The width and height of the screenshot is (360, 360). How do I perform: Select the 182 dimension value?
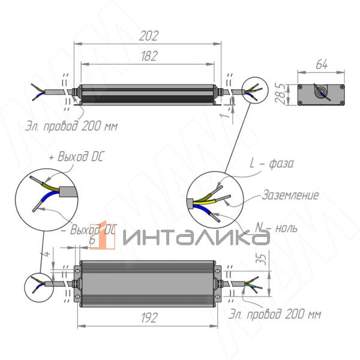(x=149, y=56)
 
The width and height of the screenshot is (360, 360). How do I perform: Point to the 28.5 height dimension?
(x=280, y=95)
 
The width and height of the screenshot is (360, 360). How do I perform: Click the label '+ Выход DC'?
(x=76, y=157)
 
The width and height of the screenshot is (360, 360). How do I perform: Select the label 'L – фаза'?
(x=271, y=164)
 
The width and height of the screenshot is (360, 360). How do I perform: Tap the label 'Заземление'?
(x=290, y=195)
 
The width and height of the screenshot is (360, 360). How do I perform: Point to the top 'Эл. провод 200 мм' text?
(x=71, y=127)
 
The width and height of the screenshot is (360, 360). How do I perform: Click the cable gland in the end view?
(x=322, y=93)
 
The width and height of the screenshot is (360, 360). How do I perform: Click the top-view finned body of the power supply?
(x=149, y=284)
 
